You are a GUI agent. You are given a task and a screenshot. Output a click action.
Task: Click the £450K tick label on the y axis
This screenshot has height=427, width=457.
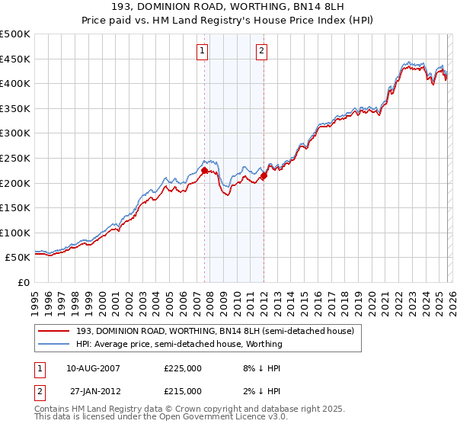[15, 59]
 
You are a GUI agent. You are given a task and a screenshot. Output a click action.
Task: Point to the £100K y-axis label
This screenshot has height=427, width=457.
[15, 233]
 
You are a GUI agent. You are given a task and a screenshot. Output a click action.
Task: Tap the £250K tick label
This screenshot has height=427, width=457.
[15, 158]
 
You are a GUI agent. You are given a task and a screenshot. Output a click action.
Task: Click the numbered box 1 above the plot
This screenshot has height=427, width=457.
[203, 51]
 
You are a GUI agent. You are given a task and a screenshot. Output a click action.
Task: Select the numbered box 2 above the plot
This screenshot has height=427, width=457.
[261, 51]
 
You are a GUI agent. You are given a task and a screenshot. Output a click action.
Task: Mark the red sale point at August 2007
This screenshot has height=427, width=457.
[204, 171]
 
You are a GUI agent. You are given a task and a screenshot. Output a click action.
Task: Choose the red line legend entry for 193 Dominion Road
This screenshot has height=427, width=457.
[215, 332]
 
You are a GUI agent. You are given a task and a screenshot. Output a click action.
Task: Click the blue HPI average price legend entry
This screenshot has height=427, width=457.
[179, 344]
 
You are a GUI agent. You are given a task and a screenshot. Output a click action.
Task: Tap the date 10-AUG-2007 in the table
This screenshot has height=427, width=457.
[93, 368]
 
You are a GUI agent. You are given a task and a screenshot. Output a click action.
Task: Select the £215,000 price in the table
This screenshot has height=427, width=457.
[183, 390]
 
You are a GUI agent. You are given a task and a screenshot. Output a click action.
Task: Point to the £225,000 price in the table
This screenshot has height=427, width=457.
[183, 368]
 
